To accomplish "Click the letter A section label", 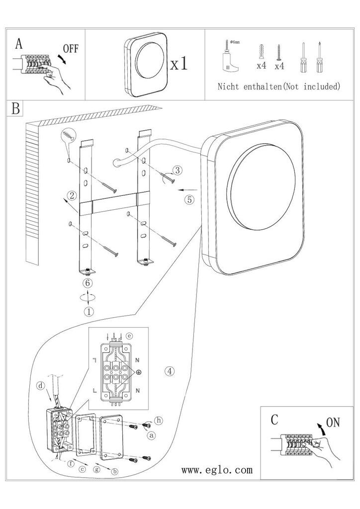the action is [x=19, y=43].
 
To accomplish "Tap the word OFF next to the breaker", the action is [x=71, y=49].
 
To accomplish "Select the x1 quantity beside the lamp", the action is [x=179, y=63].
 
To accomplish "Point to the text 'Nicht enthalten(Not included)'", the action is [x=279, y=86].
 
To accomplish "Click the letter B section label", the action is [x=15, y=108].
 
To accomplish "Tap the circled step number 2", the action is [x=73, y=195].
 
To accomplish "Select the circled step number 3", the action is [x=177, y=170].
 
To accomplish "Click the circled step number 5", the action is [x=189, y=199].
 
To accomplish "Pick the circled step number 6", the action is [x=88, y=283].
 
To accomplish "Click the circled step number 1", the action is [x=89, y=312].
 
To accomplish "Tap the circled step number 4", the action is [x=170, y=371].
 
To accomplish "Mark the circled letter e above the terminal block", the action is [x=129, y=336].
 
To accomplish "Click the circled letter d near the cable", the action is [x=41, y=386].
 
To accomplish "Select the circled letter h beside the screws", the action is [x=159, y=421].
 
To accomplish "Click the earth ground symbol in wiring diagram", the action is [x=139, y=372].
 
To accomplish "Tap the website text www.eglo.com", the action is [x=217, y=470].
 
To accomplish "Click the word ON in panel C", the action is [x=333, y=423].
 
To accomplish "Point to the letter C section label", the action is [x=274, y=420].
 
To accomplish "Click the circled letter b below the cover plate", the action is [x=114, y=472].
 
